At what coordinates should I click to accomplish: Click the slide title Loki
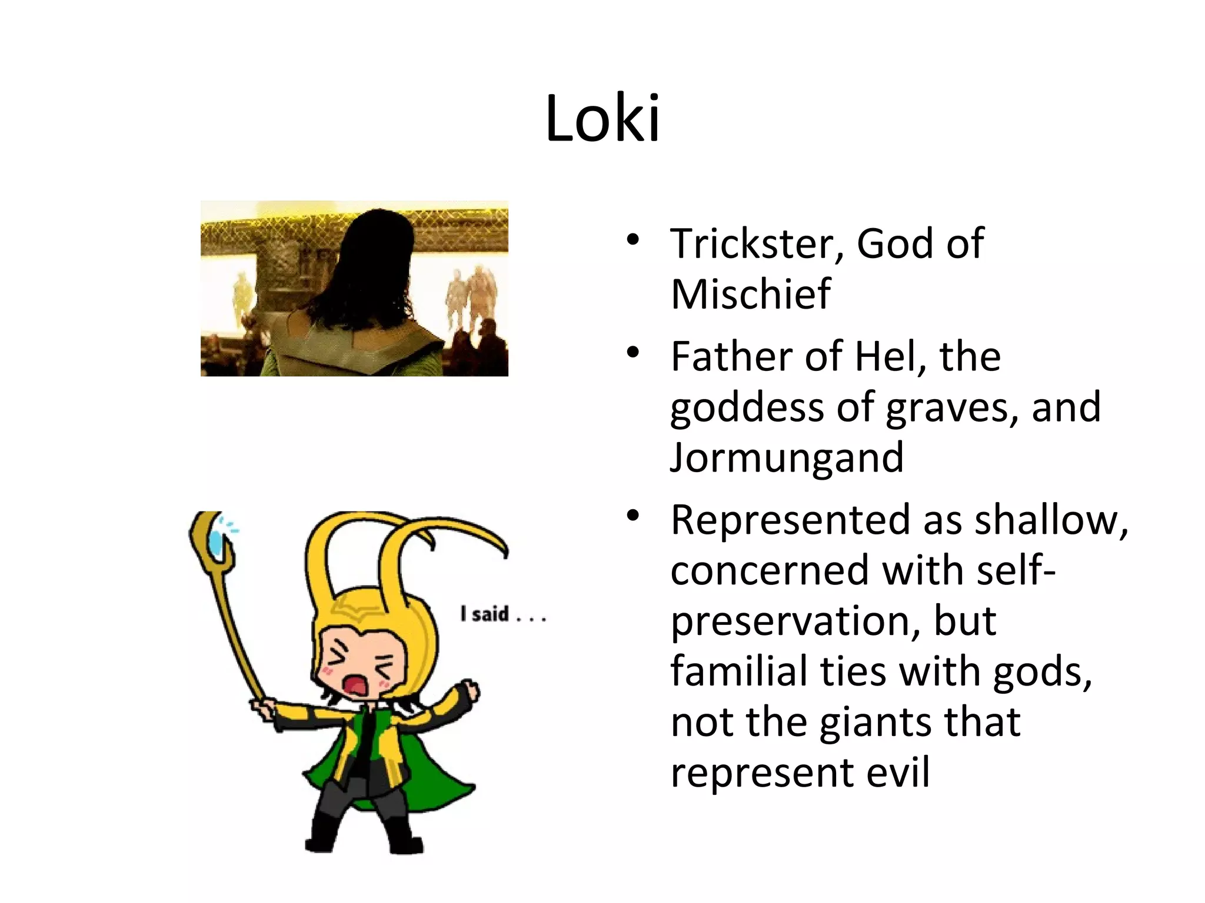(x=602, y=119)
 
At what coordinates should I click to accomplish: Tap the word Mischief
(x=750, y=294)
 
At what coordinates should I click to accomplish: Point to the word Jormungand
(x=787, y=457)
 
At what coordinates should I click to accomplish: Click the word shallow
(x=1051, y=520)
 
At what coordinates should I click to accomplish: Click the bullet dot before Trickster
(x=633, y=239)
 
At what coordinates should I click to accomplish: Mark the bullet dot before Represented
(x=633, y=516)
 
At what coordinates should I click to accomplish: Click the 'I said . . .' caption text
(x=503, y=614)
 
